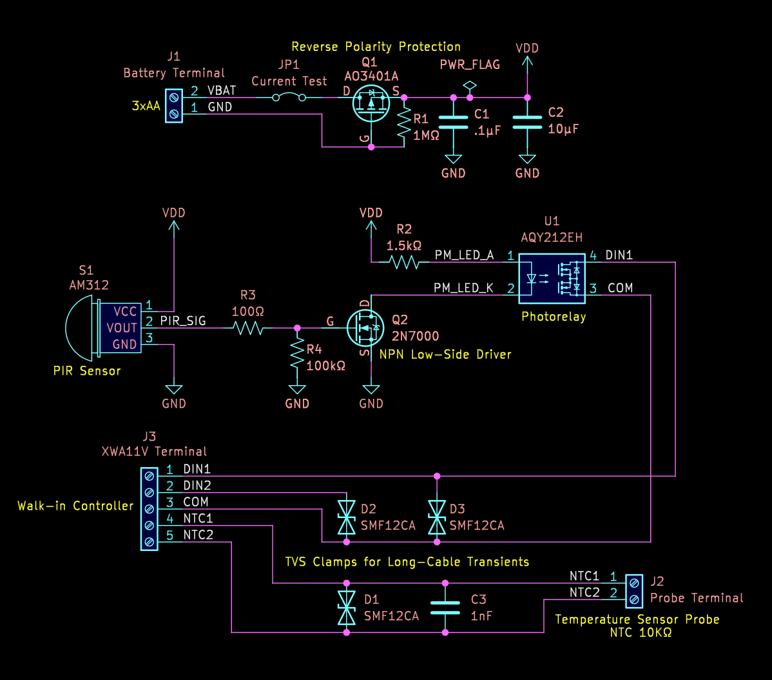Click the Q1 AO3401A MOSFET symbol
[x=371, y=102]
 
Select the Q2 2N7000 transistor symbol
[x=364, y=328]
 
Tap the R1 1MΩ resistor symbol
[x=404, y=122]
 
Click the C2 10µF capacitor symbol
[x=527, y=123]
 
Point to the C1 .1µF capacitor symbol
[x=454, y=123]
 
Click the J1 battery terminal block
[x=173, y=105]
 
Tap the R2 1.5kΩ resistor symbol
[x=404, y=262]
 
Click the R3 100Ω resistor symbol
[x=248, y=328]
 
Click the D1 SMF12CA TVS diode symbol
[x=347, y=607]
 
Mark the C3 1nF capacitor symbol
[x=445, y=607]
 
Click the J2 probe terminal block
[x=634, y=591]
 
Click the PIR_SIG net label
[x=183, y=321]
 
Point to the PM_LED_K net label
[x=464, y=288]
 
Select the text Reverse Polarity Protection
[x=376, y=46]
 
